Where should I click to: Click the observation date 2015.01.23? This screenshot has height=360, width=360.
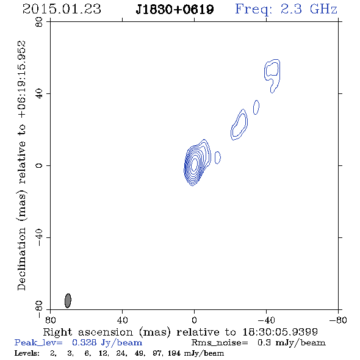[x=62, y=9]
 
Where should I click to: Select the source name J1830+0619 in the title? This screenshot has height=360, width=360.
[x=175, y=10]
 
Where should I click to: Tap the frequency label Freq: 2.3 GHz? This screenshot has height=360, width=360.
[x=286, y=10]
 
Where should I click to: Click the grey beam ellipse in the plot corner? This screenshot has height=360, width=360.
[x=68, y=301]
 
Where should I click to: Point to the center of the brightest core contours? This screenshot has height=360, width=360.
[x=194, y=164]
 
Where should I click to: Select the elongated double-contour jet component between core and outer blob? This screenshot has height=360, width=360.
[x=239, y=124]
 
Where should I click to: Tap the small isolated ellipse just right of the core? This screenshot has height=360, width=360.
[x=218, y=157]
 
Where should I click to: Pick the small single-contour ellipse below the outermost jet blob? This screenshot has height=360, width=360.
[x=256, y=107]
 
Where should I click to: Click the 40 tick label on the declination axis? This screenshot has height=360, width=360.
[x=39, y=94]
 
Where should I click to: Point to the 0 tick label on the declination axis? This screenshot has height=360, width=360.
[x=39, y=165]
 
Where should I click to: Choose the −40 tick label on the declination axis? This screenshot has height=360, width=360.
[x=39, y=237]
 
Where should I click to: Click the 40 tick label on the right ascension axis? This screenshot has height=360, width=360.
[x=122, y=320]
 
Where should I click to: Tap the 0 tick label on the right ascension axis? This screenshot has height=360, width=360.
[x=194, y=320]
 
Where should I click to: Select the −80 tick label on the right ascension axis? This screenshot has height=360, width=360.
[x=338, y=320]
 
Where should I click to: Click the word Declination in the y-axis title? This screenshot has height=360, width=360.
[x=21, y=259]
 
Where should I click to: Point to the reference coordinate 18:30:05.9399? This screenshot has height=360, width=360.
[x=280, y=332]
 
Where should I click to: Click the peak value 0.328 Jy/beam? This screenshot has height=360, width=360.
[x=107, y=342]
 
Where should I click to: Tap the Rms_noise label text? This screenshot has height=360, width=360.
[x=220, y=343]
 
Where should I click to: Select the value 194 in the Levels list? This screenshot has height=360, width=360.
[x=173, y=353]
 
